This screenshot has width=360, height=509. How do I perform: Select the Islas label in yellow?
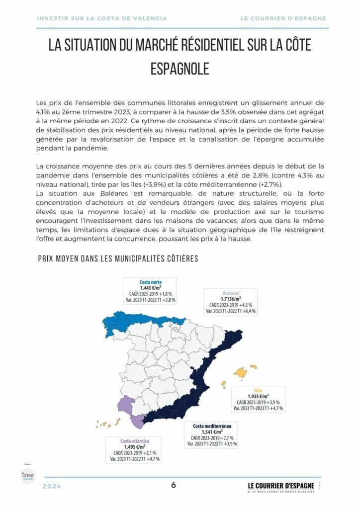point(258,390)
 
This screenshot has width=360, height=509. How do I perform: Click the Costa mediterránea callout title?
point(212,426)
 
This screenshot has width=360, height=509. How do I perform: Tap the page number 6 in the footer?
point(174,485)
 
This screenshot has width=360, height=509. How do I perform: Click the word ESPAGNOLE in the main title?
point(180,69)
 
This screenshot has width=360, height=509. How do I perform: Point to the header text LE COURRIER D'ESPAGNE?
point(283,18)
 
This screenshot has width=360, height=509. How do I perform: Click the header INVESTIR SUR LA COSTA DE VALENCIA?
point(102,18)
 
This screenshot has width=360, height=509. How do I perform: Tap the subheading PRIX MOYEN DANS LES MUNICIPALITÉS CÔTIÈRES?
point(118,258)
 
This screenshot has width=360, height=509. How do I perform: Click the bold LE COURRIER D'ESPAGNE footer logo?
point(281,485)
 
